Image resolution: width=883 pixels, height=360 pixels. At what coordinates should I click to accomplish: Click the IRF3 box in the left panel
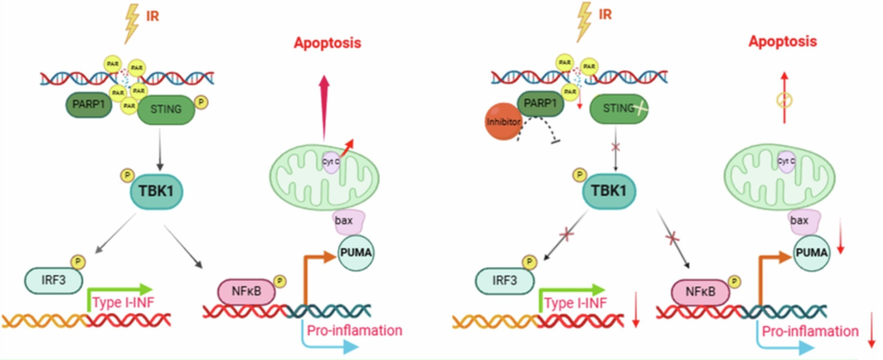[x=48, y=278]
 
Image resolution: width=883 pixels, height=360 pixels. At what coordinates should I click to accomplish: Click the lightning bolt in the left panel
[x=130, y=23]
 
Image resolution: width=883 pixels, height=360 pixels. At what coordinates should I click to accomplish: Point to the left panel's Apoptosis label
[x=328, y=43]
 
